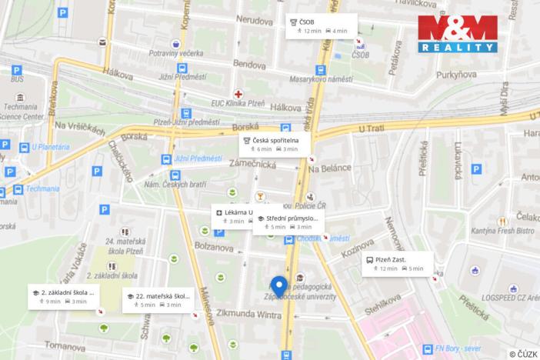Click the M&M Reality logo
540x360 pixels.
point(457,35)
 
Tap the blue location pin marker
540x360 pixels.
point(280,286)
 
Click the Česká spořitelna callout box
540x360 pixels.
point(274,144)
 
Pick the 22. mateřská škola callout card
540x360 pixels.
point(158,300)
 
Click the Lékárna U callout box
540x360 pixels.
point(232,216)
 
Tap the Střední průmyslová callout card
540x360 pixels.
point(288,222)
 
